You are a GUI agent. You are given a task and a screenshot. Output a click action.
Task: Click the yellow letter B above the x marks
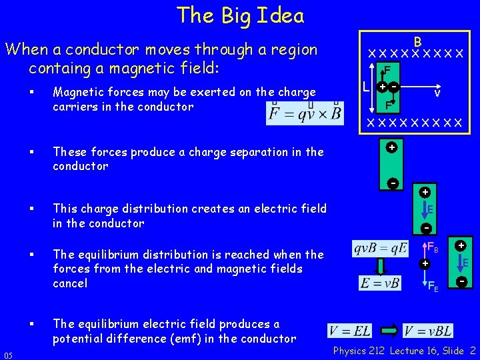coord(417,40)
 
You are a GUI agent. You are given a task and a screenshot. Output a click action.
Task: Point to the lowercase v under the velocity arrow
coord(437,95)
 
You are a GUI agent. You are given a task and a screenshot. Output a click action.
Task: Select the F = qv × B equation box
coord(305,113)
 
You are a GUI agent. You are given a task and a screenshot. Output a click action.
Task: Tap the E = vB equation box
coord(379,283)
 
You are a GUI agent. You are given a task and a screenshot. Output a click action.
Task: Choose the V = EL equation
coord(350,331)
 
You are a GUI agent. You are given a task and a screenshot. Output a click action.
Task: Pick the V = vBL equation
coord(429,331)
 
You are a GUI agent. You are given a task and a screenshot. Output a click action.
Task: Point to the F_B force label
coord(433,247)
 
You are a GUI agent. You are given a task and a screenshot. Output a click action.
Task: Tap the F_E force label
coord(433,287)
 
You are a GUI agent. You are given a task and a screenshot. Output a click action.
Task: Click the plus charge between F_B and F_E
coord(424,264)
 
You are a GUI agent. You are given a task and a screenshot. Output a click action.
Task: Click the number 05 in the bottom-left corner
coord(9,353)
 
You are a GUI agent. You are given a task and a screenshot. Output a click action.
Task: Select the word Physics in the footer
coord(350,351)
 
